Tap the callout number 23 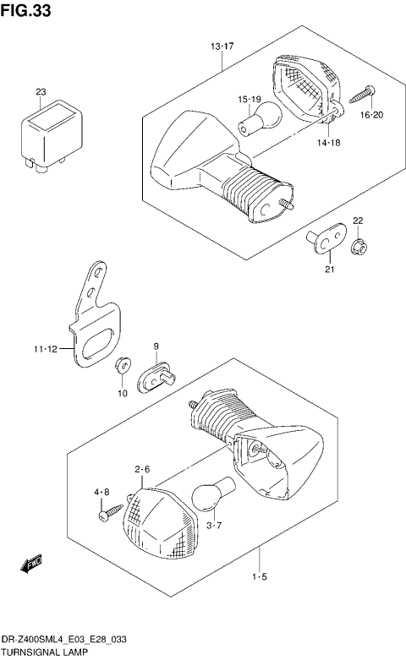(41, 92)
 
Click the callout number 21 (330, 270)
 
